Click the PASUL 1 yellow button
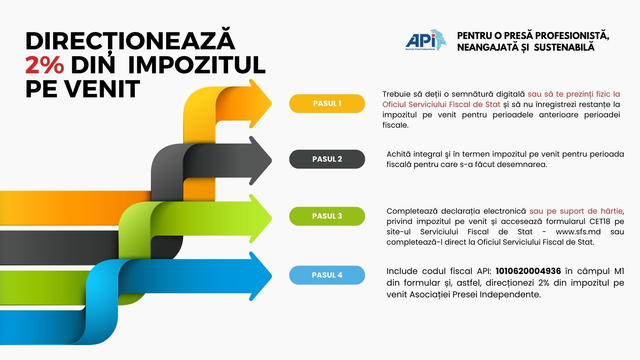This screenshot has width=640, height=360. pyautogui.click(x=327, y=104)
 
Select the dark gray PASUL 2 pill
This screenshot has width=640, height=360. pyautogui.click(x=327, y=159)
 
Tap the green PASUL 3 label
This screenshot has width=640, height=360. pyautogui.click(x=327, y=216)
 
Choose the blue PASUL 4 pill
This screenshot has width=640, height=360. pyautogui.click(x=327, y=275)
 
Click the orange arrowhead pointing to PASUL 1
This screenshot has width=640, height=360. pyautogui.click(x=260, y=104)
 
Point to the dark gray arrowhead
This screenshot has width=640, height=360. pyautogui.click(x=260, y=161)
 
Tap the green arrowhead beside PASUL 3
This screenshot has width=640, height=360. pyautogui.click(x=260, y=219)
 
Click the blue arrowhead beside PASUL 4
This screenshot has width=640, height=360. pyautogui.click(x=260, y=276)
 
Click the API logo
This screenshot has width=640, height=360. pyautogui.click(x=426, y=40)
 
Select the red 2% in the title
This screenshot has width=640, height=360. pyautogui.click(x=45, y=65)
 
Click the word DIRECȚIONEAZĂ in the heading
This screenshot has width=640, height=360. pyautogui.click(x=130, y=41)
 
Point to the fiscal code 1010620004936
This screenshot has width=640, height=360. pyautogui.click(x=528, y=271)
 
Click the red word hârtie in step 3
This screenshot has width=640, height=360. pyautogui.click(x=611, y=211)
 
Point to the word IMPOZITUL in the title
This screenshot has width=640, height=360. pyautogui.click(x=197, y=65)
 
